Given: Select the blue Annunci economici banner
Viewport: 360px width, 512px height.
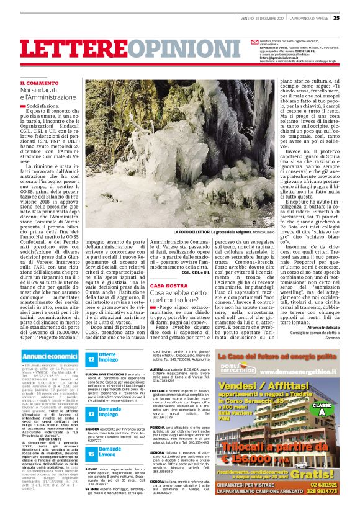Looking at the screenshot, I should tap(49, 357).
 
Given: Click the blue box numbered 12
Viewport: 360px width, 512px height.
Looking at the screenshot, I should tap(91, 359).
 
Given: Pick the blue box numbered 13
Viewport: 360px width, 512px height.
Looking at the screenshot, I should tap(91, 415).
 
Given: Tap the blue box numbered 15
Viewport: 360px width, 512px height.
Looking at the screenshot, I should tap(91, 454).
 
